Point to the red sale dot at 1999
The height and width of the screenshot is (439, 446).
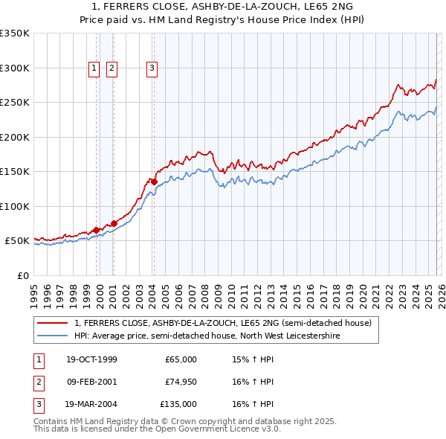point(97,230)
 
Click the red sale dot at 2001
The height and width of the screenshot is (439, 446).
point(114,223)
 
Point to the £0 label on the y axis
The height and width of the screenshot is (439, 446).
point(22,275)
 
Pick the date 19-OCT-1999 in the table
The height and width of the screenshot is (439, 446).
point(91,359)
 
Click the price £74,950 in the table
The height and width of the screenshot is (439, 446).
point(181,382)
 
